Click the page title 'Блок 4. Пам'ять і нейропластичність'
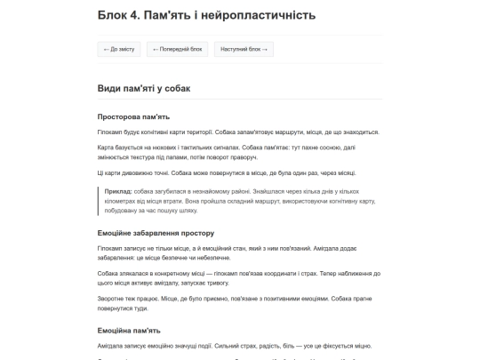tap(205, 15)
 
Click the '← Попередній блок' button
tap(178, 49)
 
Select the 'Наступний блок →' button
tap(242, 49)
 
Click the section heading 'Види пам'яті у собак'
tap(143, 88)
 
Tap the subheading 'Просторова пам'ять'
tap(133, 116)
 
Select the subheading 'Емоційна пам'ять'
tap(130, 331)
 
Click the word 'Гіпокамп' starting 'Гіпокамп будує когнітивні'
tap(110, 132)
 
